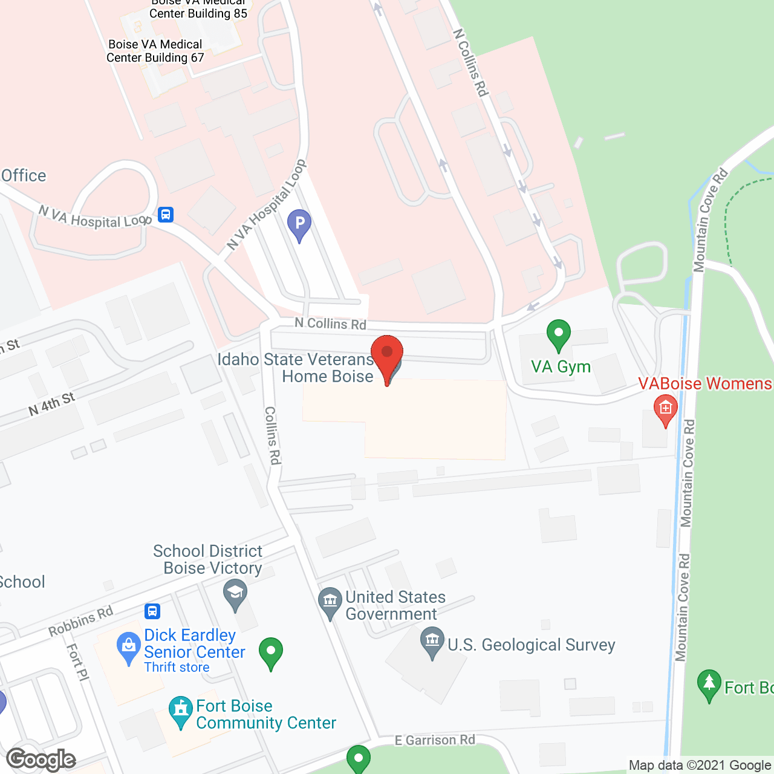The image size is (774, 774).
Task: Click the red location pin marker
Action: pos(387,355)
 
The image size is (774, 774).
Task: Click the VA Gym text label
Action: pos(561,367)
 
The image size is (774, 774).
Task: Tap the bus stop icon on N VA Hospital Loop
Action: pos(166,215)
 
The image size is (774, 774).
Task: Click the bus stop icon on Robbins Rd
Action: pos(152,611)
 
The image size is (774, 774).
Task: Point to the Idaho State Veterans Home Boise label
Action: pos(296,368)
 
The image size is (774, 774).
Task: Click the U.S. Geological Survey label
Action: pos(531,645)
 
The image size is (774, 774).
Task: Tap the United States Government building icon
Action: pos(330,601)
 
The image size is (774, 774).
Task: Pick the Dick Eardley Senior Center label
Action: pos(194,643)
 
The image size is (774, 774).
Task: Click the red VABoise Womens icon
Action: pos(665,409)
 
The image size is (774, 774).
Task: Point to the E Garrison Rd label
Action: pos(435,740)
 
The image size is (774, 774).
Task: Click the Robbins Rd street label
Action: pos(80,621)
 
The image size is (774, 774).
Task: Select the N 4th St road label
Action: pos(51,405)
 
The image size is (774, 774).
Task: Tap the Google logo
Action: pos(41,759)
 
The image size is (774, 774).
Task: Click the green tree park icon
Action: pos(709,684)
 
